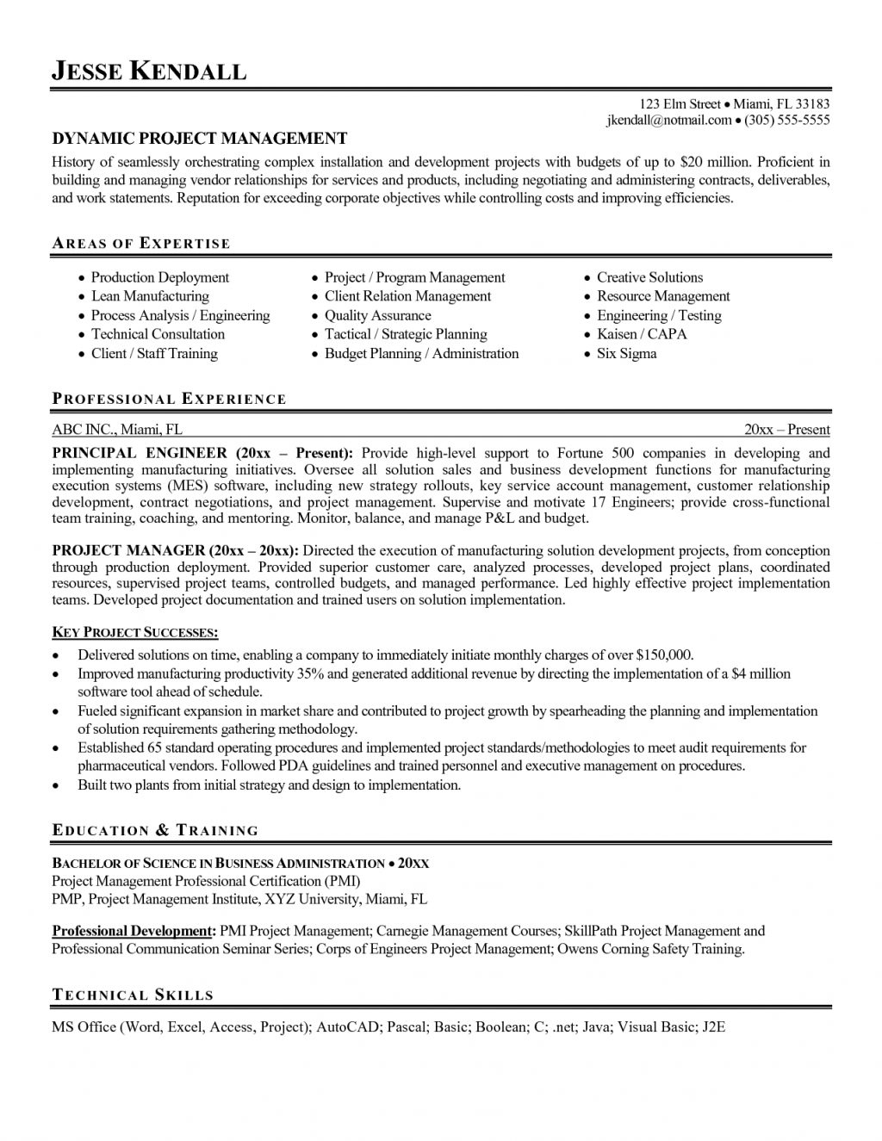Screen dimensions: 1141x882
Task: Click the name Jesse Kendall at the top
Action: [x=149, y=71]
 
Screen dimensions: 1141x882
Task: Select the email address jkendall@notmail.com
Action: [x=668, y=121]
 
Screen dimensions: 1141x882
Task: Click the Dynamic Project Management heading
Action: [x=200, y=139]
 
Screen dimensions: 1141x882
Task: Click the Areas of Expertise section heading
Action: [x=141, y=244]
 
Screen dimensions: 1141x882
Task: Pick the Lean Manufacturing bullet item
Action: [x=150, y=296]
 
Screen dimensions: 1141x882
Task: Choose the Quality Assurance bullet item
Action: [x=377, y=315]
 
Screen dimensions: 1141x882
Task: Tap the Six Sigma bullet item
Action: [x=626, y=353]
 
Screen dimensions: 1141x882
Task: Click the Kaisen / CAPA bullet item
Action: [x=642, y=334]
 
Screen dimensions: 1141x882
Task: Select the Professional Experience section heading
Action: [x=169, y=399]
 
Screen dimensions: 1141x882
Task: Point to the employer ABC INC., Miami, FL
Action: [x=117, y=430]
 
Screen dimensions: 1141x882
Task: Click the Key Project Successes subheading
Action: [x=135, y=633]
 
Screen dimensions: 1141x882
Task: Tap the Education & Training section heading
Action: [x=155, y=831]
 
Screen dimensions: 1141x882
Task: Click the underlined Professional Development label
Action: [x=132, y=931]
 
